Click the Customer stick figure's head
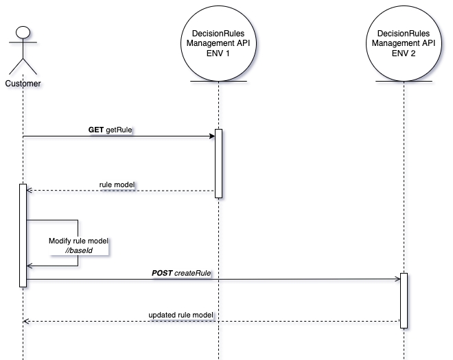coord(23,31)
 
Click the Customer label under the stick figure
coord(23,84)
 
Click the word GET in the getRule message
coord(96,129)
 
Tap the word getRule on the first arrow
coord(119,129)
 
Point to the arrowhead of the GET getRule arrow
coord(212,136)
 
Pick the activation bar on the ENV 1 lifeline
coord(218,163)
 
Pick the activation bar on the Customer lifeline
coord(23,235)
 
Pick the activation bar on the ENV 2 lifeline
coord(404,300)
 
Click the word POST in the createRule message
coord(162,273)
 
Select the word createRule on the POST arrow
coord(192,273)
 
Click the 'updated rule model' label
coord(181,315)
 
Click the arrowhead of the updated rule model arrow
coord(26,321)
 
